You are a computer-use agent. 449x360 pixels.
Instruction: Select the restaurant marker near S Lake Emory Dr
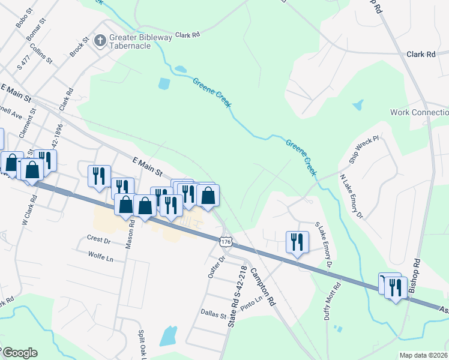coord(297,242)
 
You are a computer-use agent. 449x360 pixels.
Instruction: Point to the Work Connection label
coord(420,113)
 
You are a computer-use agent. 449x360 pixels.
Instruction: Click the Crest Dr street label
coord(99,240)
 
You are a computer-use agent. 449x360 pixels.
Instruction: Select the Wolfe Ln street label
coord(101,259)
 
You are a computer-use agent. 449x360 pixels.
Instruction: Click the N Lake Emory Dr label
coord(351,196)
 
